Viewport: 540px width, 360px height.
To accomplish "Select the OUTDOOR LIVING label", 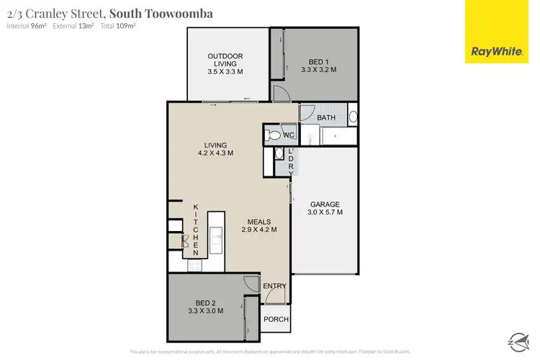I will pos(225,60).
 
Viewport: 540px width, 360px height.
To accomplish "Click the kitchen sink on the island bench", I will pos(216,233).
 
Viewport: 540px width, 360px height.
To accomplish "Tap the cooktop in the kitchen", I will pos(194,266).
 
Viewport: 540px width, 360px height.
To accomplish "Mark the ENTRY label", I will pos(274,286).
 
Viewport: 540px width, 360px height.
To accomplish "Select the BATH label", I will pos(326,117).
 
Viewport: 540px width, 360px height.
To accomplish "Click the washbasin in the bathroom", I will pos(352,117).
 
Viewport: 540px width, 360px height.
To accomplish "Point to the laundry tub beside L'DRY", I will pos(279,153).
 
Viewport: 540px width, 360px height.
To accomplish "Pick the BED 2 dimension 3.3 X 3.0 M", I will pos(205,311).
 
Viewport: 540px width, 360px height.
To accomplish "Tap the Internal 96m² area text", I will pos(26,26).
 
